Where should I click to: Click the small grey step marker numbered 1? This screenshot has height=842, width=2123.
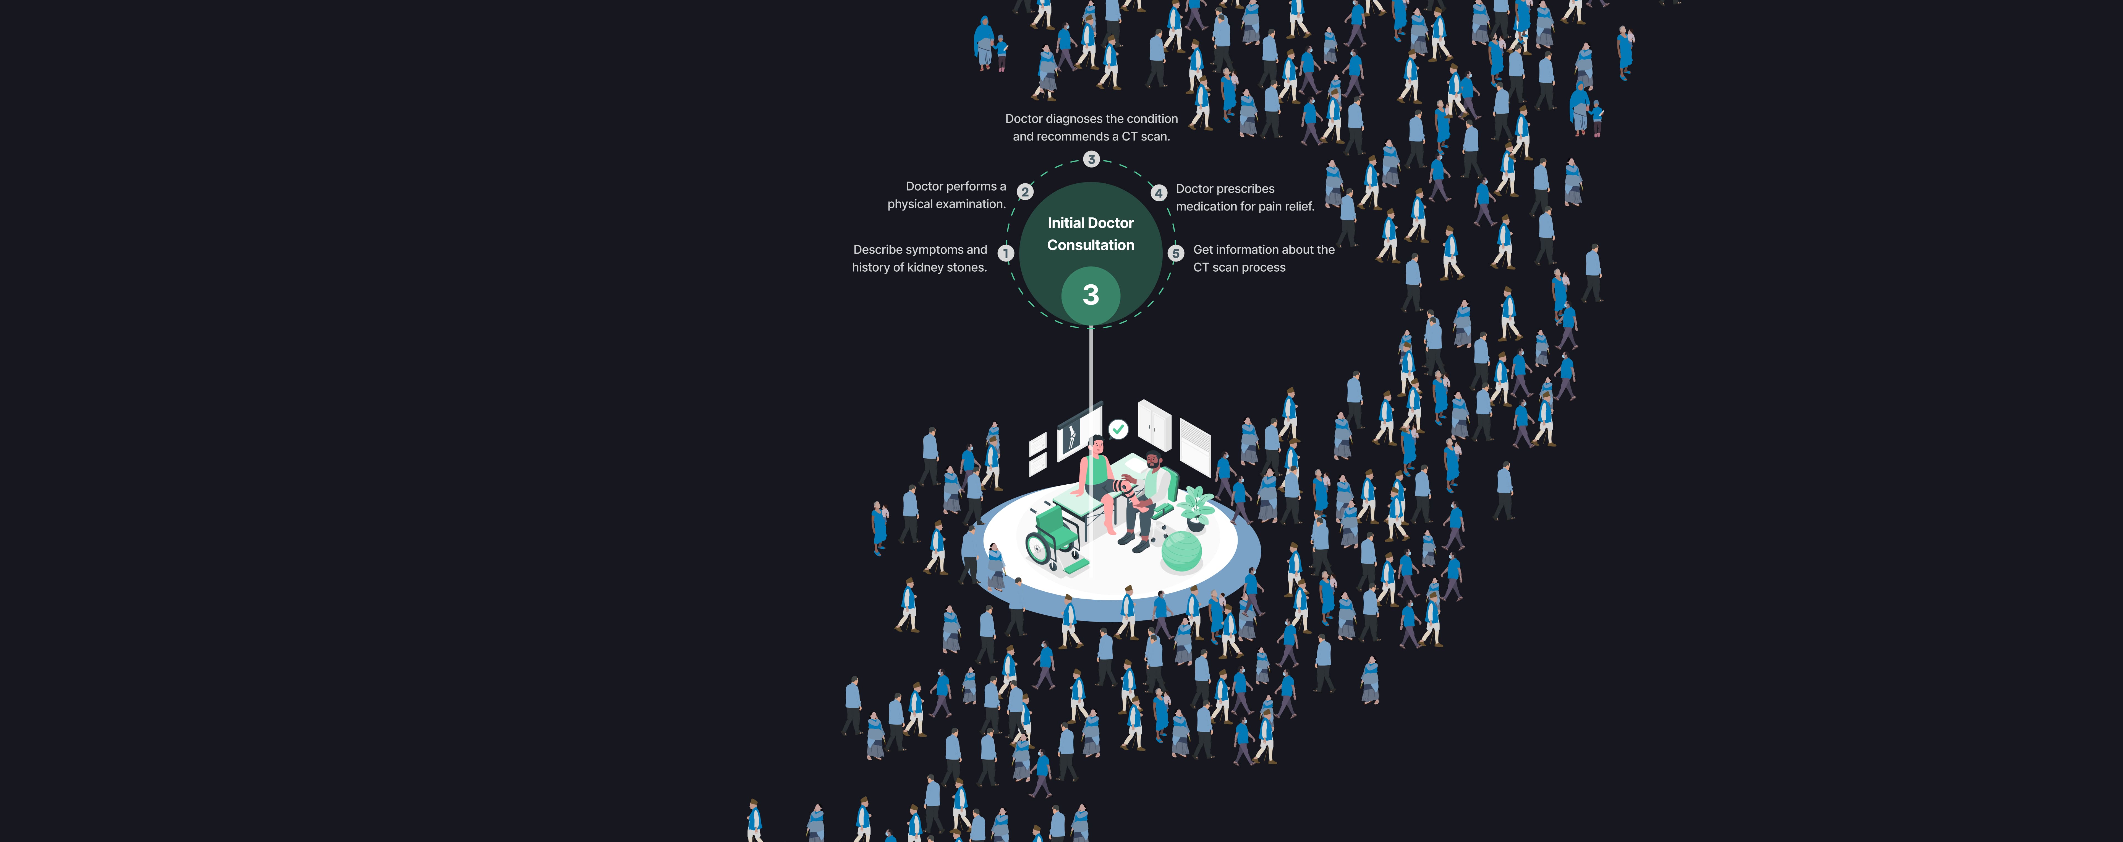point(1005,253)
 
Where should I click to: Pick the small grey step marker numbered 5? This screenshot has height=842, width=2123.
point(1176,253)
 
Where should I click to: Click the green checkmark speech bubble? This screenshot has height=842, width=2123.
point(1118,429)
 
